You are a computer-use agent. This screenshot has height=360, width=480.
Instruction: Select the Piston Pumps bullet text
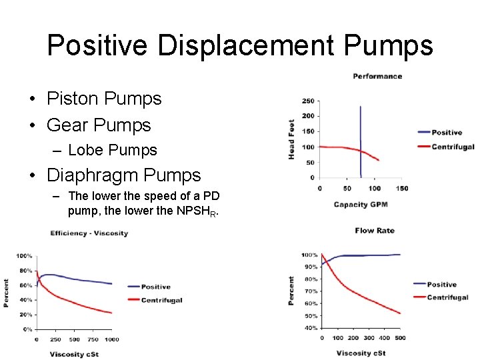pyautogui.click(x=104, y=99)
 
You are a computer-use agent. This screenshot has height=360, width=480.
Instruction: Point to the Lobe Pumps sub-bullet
pyautogui.click(x=113, y=150)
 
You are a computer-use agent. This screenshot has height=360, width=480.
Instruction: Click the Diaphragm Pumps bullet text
pyautogui.click(x=123, y=175)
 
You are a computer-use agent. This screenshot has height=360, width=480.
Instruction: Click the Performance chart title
pyautogui.click(x=377, y=76)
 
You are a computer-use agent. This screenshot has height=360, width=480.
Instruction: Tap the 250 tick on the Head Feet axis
pyautogui.click(x=308, y=101)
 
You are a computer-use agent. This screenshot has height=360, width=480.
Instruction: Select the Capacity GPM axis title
pyautogui.click(x=361, y=205)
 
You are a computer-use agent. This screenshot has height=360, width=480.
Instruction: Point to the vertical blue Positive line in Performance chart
pyautogui.click(x=360, y=133)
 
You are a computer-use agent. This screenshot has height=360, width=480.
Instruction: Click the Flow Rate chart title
pyautogui.click(x=375, y=231)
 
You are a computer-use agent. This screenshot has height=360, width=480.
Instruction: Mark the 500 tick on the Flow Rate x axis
pyautogui.click(x=400, y=338)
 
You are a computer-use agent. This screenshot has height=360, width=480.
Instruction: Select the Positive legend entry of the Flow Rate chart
pyautogui.click(x=441, y=285)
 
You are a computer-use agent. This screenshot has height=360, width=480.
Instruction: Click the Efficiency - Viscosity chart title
pyautogui.click(x=89, y=233)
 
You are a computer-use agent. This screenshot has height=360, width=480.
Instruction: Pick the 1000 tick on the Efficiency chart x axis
pyautogui.click(x=112, y=339)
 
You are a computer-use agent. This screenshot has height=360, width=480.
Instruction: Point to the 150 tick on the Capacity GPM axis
pyautogui.click(x=402, y=189)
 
